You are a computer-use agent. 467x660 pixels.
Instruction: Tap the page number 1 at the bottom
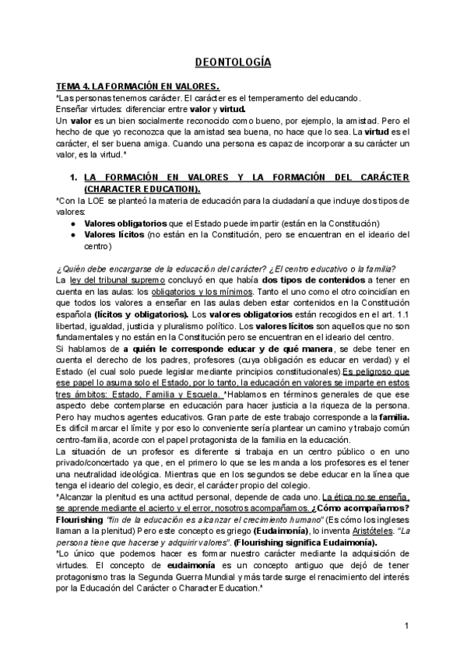tap(406, 627)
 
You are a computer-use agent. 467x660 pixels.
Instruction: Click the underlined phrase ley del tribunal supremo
tap(118, 279)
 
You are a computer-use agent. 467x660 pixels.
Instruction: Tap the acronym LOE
tap(91, 201)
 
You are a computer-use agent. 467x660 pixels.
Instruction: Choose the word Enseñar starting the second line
tap(75, 110)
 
